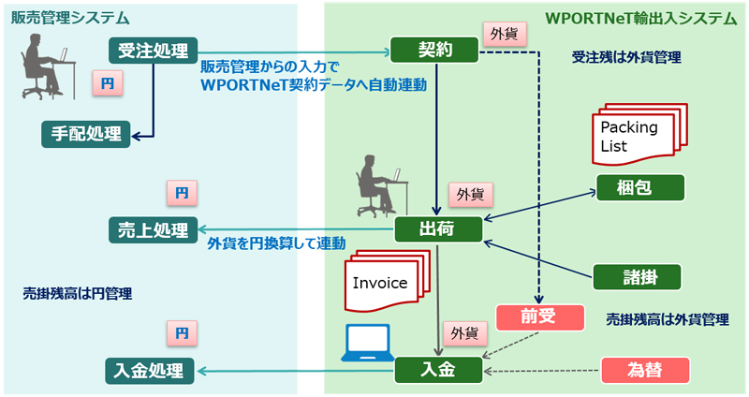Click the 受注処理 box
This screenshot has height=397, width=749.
point(154,50)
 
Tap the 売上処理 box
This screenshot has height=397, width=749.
point(154,229)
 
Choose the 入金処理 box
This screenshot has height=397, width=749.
point(150,370)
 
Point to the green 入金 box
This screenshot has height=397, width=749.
point(438,370)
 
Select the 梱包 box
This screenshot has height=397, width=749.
point(638,186)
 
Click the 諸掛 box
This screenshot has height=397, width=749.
point(638,276)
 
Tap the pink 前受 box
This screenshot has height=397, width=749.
point(541,316)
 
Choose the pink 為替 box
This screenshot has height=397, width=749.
point(647,370)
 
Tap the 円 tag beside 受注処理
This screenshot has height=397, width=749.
point(107,82)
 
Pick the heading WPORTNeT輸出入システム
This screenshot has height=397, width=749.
point(640,18)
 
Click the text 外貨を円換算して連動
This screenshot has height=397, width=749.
point(276,243)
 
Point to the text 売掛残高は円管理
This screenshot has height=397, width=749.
point(77,293)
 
